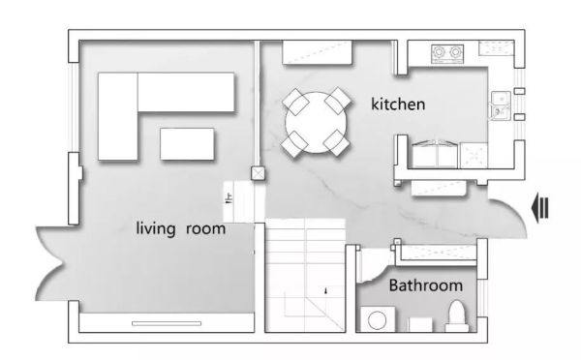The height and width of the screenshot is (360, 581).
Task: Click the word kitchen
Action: point(398,105)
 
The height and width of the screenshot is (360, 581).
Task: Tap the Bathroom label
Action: point(426,285)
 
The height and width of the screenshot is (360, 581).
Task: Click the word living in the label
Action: point(156,228)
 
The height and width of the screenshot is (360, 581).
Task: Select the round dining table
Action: point(316,123)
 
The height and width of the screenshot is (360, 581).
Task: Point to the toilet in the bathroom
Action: point(456,315)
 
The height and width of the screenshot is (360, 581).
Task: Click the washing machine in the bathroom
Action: point(378,319)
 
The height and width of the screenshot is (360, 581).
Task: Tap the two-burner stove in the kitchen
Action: point(447,53)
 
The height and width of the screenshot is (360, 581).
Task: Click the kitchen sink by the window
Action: point(501,105)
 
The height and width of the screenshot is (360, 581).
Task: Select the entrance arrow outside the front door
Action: point(540,210)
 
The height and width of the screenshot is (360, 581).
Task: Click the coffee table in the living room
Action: point(187,144)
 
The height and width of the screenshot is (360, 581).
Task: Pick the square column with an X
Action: point(259,173)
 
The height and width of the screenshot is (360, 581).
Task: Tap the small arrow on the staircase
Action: point(326,290)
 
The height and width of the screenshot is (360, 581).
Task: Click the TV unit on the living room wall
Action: point(167,323)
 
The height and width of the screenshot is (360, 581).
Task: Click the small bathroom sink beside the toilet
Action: point(420,324)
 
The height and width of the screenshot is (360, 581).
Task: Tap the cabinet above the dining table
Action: point(318,52)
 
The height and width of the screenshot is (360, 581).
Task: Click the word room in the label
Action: point(205,229)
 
